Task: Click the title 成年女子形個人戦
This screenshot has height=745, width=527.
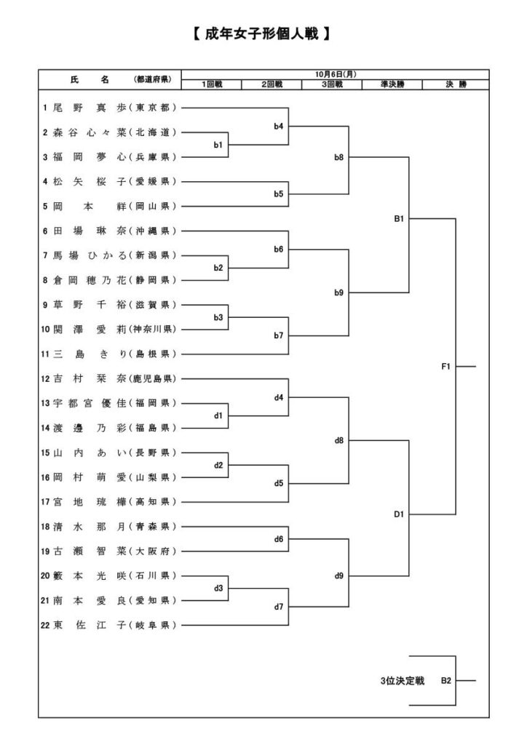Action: (263, 33)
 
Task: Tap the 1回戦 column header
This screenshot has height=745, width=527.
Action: (212, 84)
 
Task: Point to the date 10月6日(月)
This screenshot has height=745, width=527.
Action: (336, 74)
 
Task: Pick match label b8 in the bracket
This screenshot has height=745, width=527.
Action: (339, 156)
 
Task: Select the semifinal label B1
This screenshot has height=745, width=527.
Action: (399, 218)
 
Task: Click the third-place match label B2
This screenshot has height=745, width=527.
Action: (445, 681)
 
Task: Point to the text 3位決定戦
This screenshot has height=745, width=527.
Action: (401, 681)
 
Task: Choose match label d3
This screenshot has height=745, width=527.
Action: (218, 588)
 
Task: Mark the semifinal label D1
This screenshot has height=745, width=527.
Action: (399, 514)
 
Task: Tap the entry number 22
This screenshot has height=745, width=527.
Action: (47, 625)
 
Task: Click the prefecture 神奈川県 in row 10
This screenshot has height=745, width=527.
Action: (152, 329)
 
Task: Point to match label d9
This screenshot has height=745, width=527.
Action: (339, 575)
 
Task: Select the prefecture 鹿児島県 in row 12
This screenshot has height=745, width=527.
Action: (152, 378)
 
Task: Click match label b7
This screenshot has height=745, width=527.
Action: (279, 335)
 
